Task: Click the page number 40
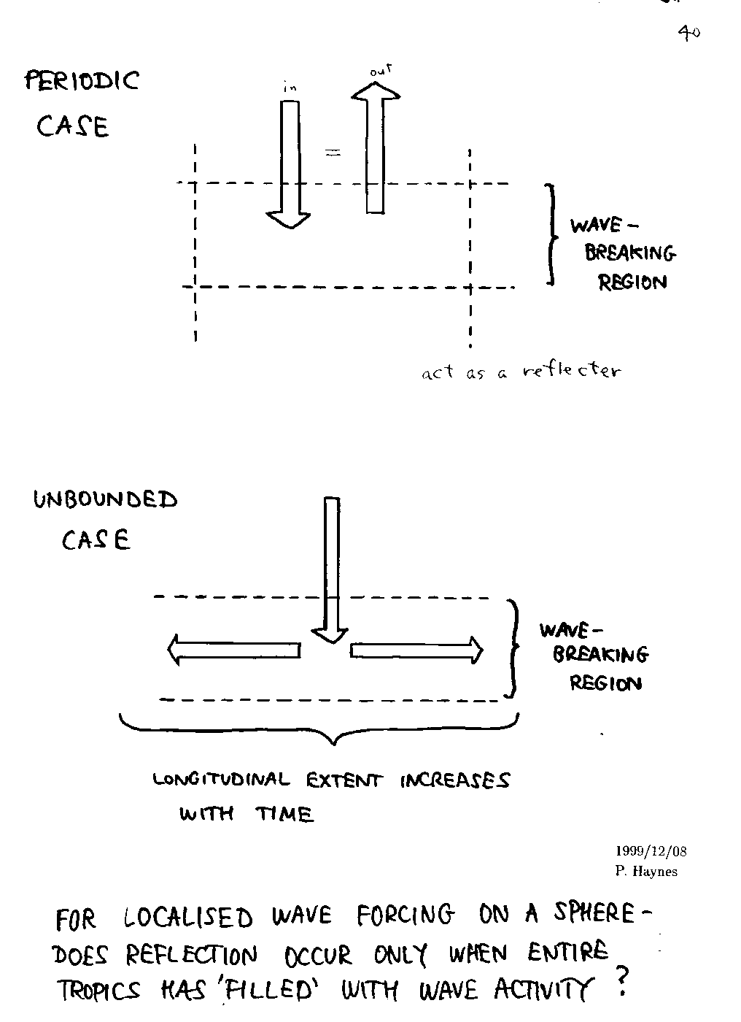coord(689,32)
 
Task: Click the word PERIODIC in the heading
coord(82,80)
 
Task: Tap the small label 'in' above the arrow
coord(290,88)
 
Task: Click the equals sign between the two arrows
coord(333,153)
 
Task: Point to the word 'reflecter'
coord(573,371)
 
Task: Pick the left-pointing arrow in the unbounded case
coord(234,650)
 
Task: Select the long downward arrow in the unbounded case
coord(331,569)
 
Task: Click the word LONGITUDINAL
coord(221,780)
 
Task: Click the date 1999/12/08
coord(651,851)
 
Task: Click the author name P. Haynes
coord(646,871)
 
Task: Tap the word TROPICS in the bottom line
coord(99,991)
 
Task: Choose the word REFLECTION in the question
coord(192,954)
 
